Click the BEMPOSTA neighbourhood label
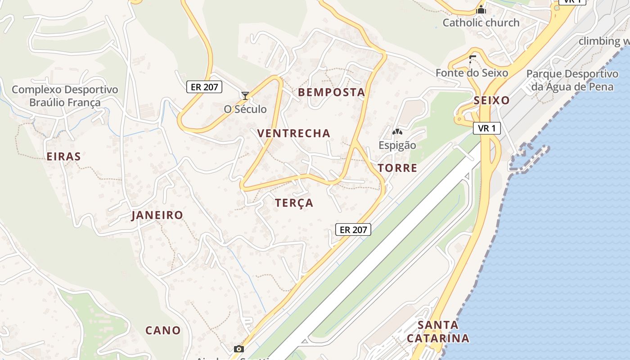point(331,93)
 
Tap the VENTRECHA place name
point(294,133)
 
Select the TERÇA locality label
point(294,203)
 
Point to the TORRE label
point(397,168)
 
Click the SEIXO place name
point(491,101)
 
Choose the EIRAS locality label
point(64,157)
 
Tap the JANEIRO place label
point(157,215)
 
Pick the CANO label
point(163,330)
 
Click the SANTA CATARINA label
point(438,331)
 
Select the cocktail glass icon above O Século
point(245,96)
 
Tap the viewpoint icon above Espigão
point(397,132)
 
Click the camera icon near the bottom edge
point(239,349)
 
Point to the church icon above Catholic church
point(481,9)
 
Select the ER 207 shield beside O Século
point(204,87)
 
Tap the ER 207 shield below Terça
point(353,229)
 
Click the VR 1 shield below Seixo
point(487,128)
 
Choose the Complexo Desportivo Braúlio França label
point(65,96)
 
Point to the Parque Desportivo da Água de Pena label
point(572,80)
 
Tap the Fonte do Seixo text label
point(472,73)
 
